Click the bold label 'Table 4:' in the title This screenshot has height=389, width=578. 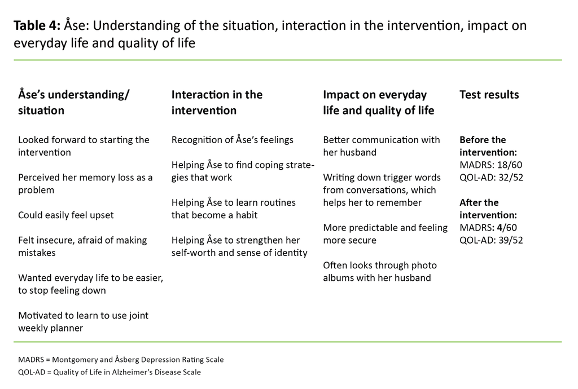pyautogui.click(x=37, y=26)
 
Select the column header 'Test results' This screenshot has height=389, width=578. pyautogui.click(x=489, y=95)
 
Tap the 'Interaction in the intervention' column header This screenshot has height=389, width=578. pyautogui.click(x=217, y=102)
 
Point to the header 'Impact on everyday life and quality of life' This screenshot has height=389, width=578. pyautogui.click(x=378, y=102)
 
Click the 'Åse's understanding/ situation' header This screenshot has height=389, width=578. pyautogui.click(x=74, y=102)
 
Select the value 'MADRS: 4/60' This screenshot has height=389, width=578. pyautogui.click(x=488, y=228)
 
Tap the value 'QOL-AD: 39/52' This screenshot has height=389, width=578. pyautogui.click(x=491, y=240)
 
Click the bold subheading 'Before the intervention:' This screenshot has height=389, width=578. pyautogui.click(x=488, y=146)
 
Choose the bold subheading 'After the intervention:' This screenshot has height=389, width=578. pyautogui.click(x=488, y=209)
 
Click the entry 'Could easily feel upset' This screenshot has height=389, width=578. pyautogui.click(x=66, y=215)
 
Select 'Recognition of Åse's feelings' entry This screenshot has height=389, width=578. pyautogui.click(x=233, y=140)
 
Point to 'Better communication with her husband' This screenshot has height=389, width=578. pyautogui.click(x=381, y=146)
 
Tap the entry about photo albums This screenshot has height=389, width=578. pyautogui.click(x=379, y=271)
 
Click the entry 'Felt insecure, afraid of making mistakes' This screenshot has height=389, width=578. pyautogui.click(x=82, y=246)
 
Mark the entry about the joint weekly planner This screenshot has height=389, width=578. pyautogui.click(x=83, y=321)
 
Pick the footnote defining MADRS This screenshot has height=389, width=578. pyautogui.click(x=121, y=360)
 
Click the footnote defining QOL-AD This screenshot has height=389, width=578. pyautogui.click(x=110, y=372)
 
